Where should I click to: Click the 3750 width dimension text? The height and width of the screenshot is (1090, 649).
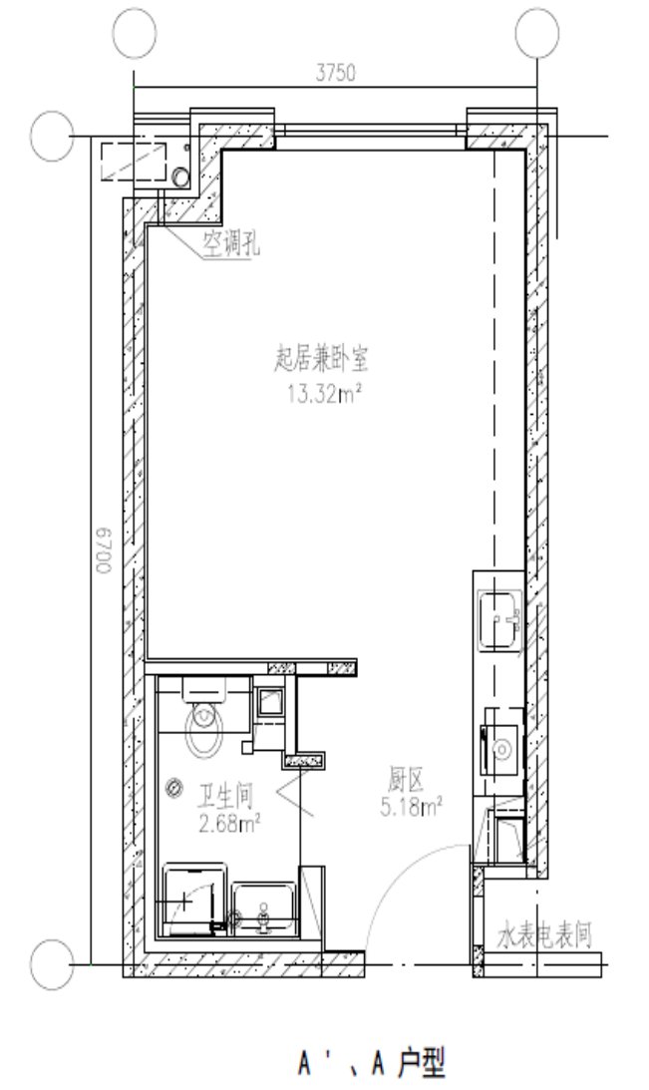(x=336, y=73)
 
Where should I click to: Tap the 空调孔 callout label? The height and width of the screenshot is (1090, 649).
(x=231, y=243)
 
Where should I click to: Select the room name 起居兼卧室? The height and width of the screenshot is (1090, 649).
(x=321, y=360)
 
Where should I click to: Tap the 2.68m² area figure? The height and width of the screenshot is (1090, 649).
(x=229, y=825)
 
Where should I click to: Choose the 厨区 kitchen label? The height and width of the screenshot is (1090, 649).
(x=405, y=781)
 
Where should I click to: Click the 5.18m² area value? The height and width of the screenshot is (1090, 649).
(x=412, y=807)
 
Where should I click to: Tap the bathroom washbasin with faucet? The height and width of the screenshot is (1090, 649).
(x=263, y=908)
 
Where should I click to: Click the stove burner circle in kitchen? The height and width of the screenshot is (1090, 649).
(x=501, y=749)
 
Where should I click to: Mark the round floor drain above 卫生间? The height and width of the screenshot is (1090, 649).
(x=173, y=788)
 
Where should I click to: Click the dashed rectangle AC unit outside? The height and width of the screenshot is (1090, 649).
(x=134, y=162)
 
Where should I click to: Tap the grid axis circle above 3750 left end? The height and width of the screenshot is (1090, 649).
(x=135, y=33)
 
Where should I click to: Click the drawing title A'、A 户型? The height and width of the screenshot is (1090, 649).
(x=373, y=1062)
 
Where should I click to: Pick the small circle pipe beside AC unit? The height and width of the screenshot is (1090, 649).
(x=180, y=177)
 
